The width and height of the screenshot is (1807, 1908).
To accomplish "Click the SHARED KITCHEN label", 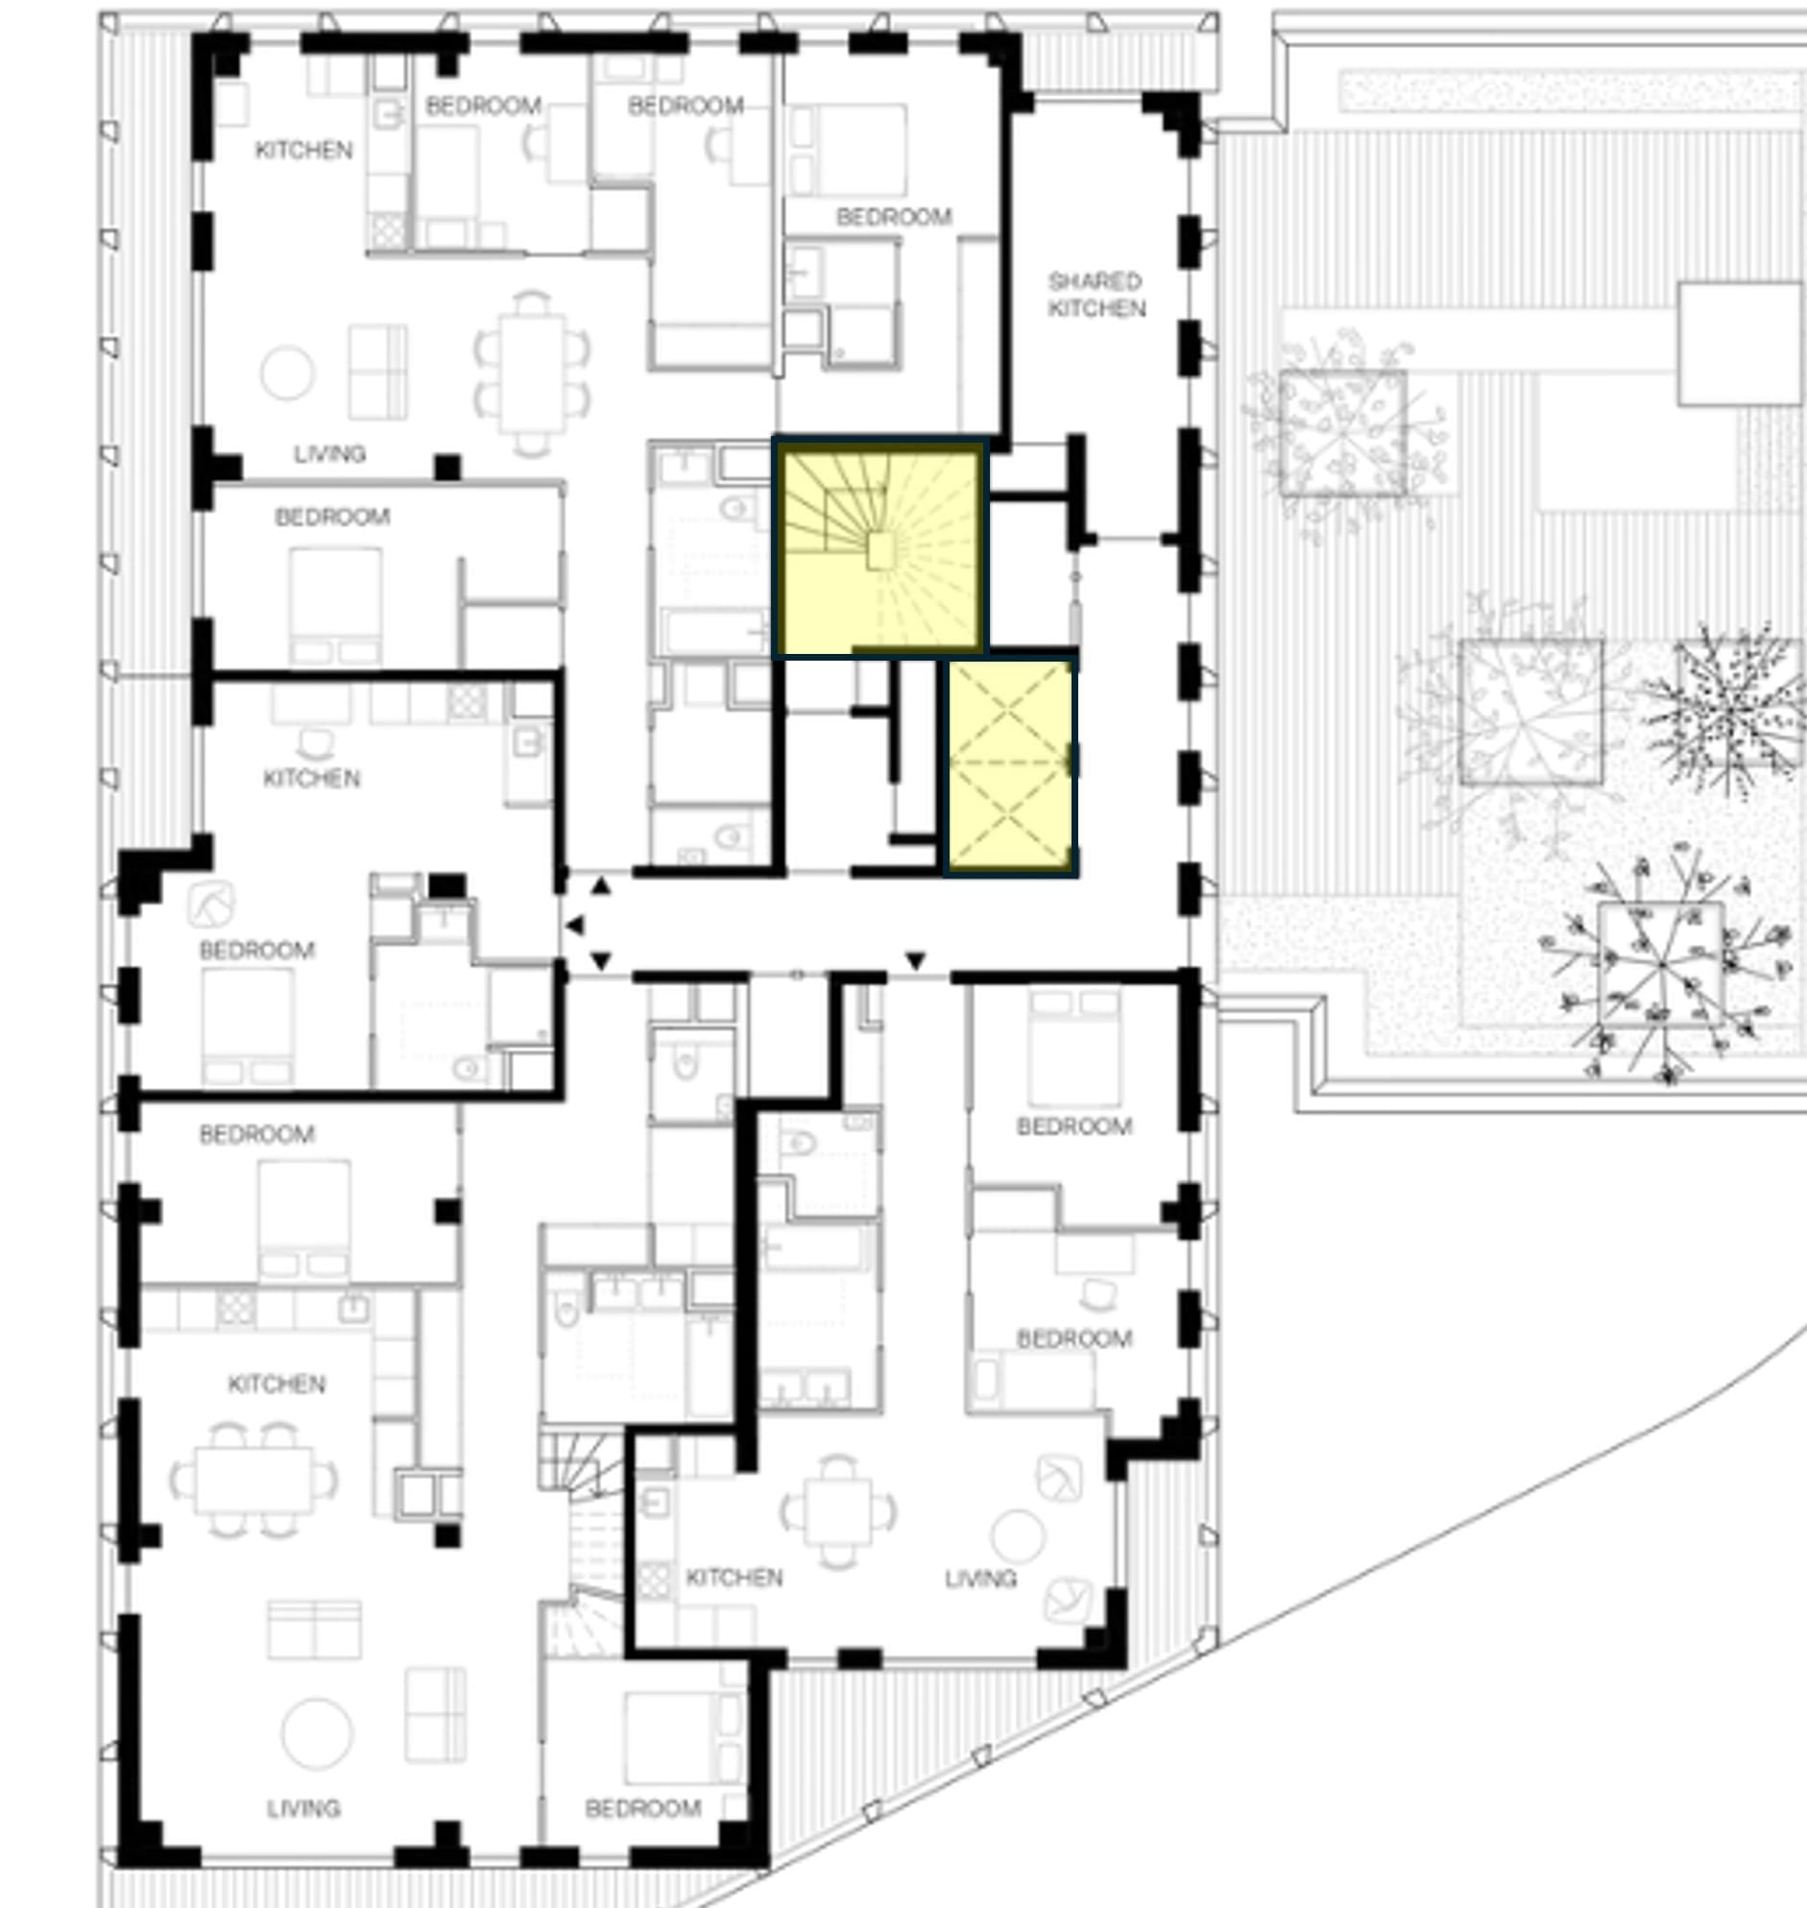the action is pyautogui.click(x=1096, y=295).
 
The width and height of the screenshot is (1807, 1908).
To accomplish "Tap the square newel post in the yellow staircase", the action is pyautogui.click(x=882, y=551).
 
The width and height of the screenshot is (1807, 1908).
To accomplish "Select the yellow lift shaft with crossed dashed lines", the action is pyautogui.click(x=1009, y=764).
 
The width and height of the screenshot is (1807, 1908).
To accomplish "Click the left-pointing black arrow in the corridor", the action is pyautogui.click(x=574, y=926).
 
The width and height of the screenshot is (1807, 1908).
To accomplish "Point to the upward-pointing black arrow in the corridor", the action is pyautogui.click(x=600, y=886).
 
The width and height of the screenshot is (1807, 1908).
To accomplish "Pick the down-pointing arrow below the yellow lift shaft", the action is pyautogui.click(x=915, y=960).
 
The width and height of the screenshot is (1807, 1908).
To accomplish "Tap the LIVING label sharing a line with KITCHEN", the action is pyautogui.click(x=980, y=1578).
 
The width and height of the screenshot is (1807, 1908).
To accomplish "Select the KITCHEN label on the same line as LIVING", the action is pyautogui.click(x=734, y=1577).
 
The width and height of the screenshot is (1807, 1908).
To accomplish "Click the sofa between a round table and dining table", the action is pyautogui.click(x=376, y=372).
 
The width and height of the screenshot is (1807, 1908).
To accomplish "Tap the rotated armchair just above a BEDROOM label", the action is pyautogui.click(x=212, y=906).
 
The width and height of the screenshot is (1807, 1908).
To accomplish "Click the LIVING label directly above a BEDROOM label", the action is pyautogui.click(x=329, y=453).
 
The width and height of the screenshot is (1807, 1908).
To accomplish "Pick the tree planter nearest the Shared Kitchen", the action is pyautogui.click(x=1343, y=433).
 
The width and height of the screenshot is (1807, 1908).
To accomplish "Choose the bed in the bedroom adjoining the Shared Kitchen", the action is pyautogui.click(x=849, y=149).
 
